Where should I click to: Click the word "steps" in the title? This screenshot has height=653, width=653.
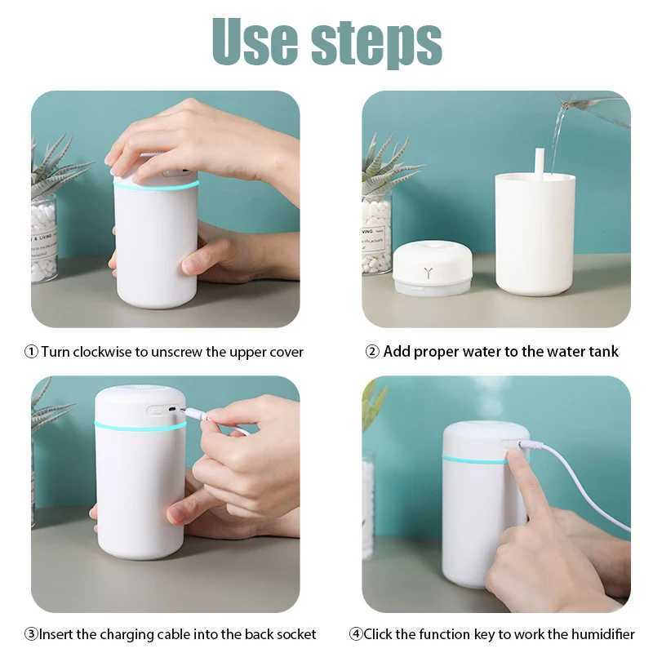click(x=376, y=41)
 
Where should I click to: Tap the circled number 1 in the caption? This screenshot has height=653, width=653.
click(x=31, y=352)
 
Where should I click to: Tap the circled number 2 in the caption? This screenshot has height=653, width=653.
click(x=371, y=352)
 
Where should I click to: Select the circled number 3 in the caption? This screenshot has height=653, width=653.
click(x=30, y=634)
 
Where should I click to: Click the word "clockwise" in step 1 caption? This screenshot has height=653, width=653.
click(x=102, y=352)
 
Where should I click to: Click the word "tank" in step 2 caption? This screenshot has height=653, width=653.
click(x=602, y=352)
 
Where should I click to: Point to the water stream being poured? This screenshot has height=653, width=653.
click(x=557, y=139)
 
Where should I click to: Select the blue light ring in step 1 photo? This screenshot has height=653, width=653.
click(x=155, y=187)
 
